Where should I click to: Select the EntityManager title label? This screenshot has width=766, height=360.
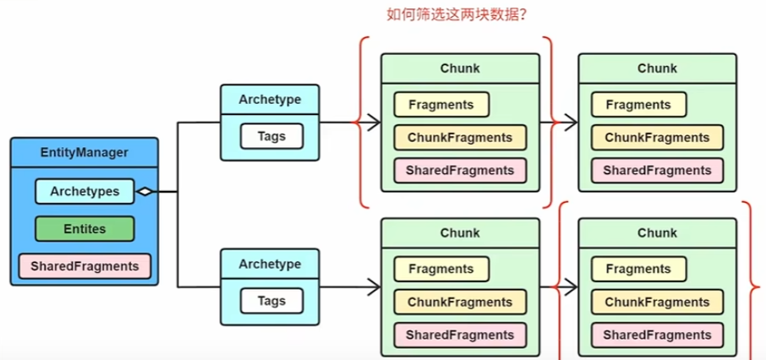[85, 152]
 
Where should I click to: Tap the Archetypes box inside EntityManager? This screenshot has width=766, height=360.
[84, 192]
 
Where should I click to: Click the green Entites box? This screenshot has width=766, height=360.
[84, 229]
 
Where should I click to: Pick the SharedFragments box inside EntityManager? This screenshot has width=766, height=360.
[84, 266]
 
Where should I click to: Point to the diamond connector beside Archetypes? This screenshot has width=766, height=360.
[145, 192]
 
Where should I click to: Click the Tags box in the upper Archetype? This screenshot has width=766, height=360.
[271, 136]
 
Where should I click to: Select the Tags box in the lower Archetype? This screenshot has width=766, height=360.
[271, 300]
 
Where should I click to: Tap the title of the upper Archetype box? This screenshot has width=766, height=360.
[271, 99]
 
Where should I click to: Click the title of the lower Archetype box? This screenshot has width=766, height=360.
[271, 264]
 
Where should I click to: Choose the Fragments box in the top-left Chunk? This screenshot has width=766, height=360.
[440, 105]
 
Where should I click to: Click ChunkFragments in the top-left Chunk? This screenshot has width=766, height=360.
[460, 137]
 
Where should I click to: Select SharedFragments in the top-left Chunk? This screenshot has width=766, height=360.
[460, 170]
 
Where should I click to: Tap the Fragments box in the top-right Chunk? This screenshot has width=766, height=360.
[638, 105]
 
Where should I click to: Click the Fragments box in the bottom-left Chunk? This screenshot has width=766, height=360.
[440, 269]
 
